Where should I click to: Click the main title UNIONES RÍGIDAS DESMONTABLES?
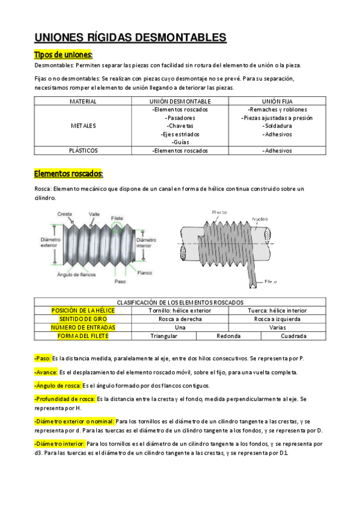(x=130, y=38)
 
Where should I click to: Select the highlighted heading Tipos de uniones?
(x=63, y=55)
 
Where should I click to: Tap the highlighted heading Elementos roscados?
(x=69, y=174)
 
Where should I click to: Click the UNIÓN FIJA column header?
(x=276, y=102)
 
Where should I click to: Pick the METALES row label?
(x=83, y=126)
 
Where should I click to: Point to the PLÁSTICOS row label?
(x=83, y=150)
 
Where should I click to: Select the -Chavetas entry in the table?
(x=180, y=126)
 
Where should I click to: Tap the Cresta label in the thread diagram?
(x=65, y=214)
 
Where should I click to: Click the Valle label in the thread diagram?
(x=94, y=214)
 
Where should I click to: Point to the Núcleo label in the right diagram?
(x=260, y=219)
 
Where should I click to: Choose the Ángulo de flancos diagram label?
(x=77, y=274)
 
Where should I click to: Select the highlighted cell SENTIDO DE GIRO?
(x=83, y=319)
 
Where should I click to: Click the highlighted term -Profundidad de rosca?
(x=65, y=399)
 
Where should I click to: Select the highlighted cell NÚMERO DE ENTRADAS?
(x=83, y=327)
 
